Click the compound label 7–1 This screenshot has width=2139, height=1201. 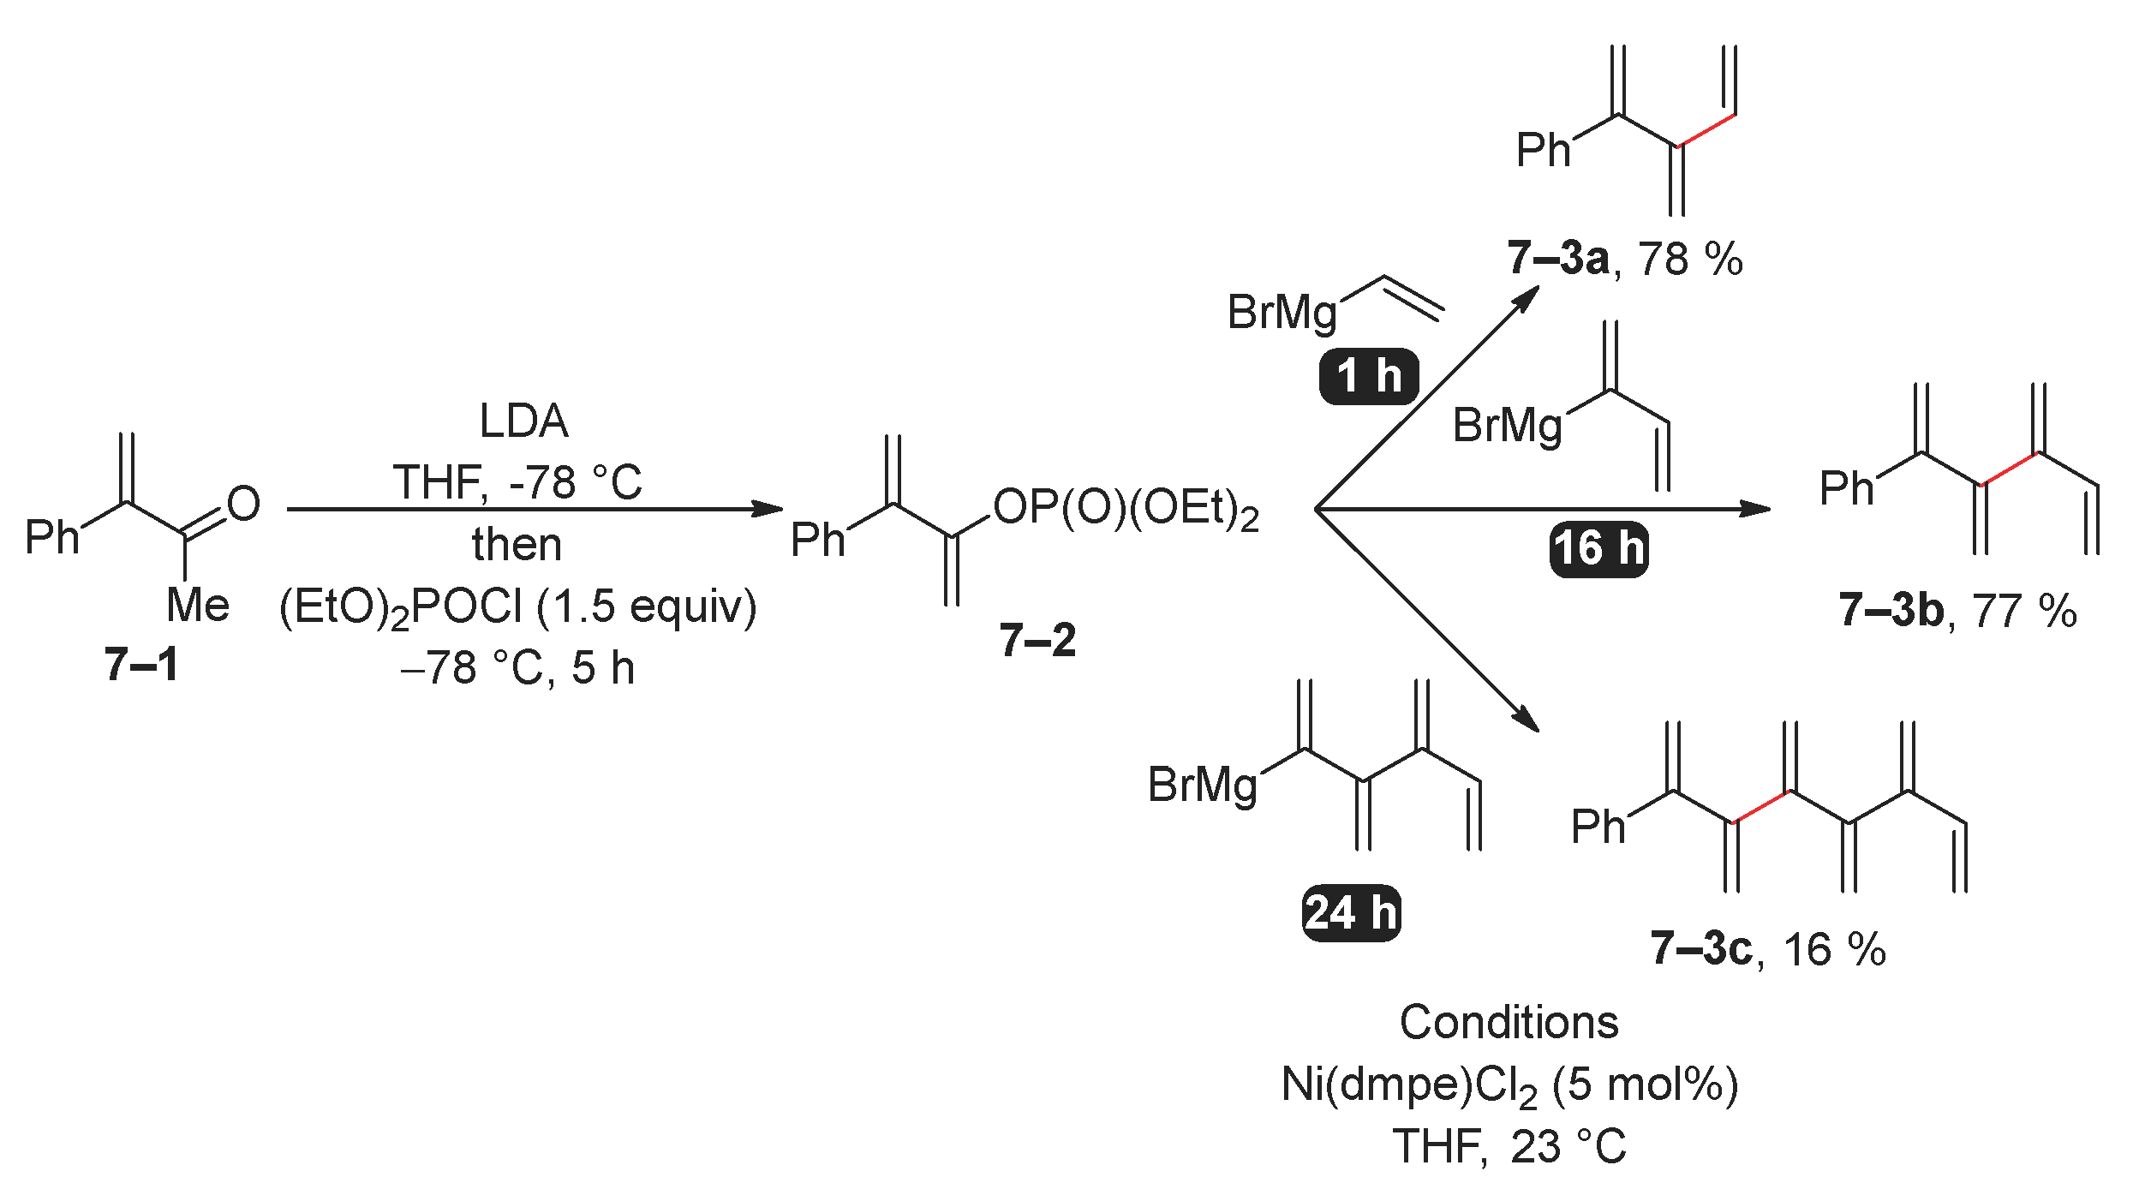point(141,665)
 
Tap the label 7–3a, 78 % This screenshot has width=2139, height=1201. point(1624,259)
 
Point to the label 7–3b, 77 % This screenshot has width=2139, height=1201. point(1957,611)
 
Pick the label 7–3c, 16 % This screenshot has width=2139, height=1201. point(1768,949)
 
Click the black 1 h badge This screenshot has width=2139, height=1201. point(1369,376)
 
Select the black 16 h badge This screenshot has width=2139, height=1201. point(1598,548)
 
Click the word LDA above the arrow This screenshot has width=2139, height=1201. point(523,421)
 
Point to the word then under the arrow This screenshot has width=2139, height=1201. point(517,545)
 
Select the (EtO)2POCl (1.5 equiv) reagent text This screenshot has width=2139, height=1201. point(517,607)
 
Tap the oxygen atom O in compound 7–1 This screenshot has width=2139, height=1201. point(243,504)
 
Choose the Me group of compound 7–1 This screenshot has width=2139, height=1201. point(198,606)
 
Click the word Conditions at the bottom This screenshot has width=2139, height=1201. point(1509,1023)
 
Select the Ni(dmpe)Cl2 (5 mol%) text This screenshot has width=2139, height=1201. point(1509,1085)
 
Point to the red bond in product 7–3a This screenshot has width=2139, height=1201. point(1706,130)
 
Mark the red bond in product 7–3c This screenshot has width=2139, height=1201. point(1762,807)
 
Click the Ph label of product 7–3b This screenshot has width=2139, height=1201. point(1846,489)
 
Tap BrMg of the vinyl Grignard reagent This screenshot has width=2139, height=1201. point(1282,313)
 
